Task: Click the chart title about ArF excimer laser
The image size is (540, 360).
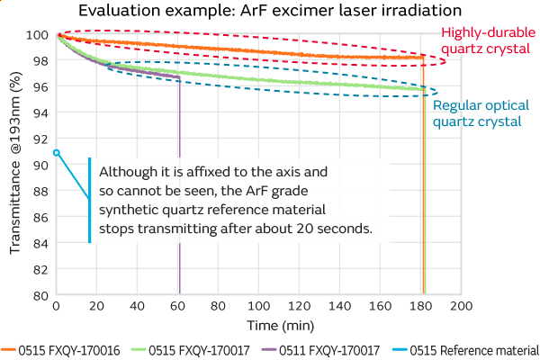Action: pyautogui.click(x=269, y=12)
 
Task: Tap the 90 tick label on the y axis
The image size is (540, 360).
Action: pyautogui.click(x=40, y=165)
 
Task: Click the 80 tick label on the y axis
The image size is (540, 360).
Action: pyautogui.click(x=40, y=294)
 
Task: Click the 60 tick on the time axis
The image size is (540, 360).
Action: pyautogui.click(x=177, y=307)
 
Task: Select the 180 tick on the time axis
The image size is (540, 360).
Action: pyautogui.click(x=421, y=307)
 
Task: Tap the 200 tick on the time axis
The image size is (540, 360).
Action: pyautogui.click(x=462, y=307)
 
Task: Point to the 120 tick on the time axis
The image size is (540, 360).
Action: pyautogui.click(x=300, y=307)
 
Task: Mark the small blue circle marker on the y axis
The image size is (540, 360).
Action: pyautogui.click(x=56, y=153)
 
